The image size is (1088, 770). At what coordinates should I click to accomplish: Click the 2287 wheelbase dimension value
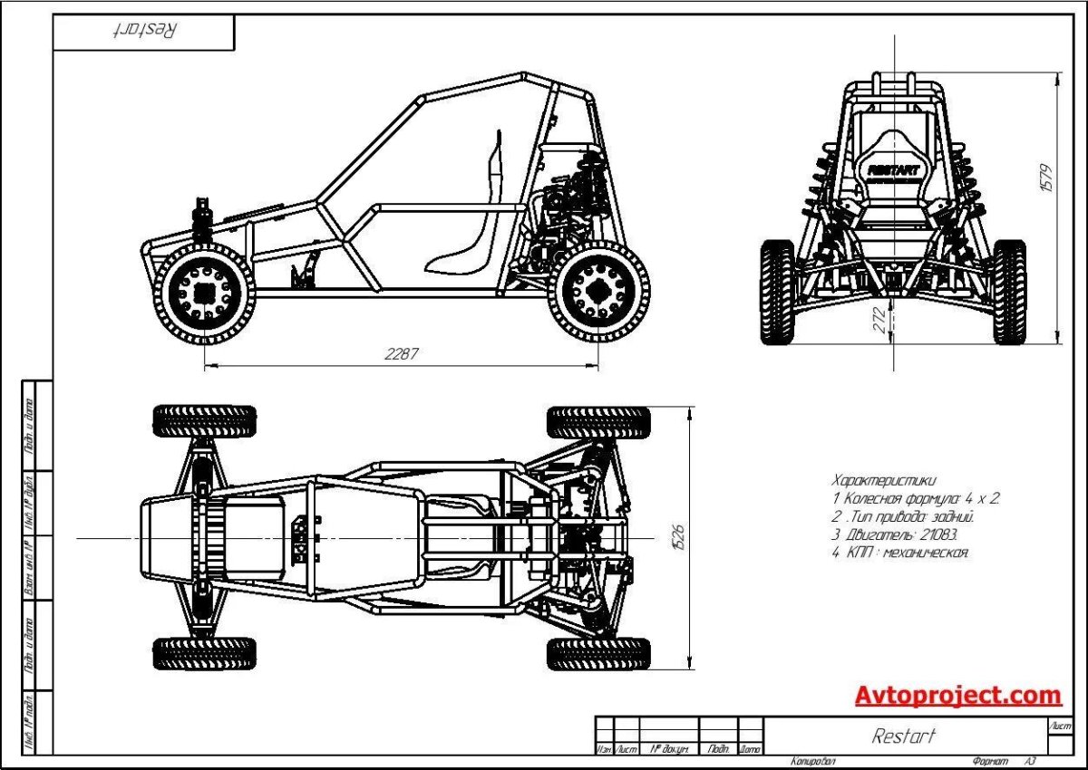coord(402,354)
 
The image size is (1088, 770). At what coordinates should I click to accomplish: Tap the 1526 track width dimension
coord(677,537)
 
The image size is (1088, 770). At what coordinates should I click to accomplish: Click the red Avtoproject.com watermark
coord(957,696)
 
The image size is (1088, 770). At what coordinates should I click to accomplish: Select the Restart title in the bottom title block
coord(903,736)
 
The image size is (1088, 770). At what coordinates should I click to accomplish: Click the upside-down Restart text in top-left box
coord(145,30)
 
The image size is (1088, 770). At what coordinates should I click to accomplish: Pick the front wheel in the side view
coord(204,292)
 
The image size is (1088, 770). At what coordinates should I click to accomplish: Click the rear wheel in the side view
coord(598,292)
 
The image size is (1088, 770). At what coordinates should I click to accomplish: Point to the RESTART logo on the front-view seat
coord(893,169)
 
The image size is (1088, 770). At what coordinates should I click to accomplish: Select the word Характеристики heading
coord(883,479)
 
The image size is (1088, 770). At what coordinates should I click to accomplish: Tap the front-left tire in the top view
coord(204,421)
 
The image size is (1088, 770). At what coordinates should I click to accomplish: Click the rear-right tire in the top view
coord(598,653)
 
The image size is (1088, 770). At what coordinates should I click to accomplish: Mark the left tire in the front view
coord(777,292)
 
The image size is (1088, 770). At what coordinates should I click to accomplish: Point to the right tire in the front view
coord(1009,292)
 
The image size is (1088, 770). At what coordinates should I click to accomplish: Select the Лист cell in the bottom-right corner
coord(1059,727)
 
